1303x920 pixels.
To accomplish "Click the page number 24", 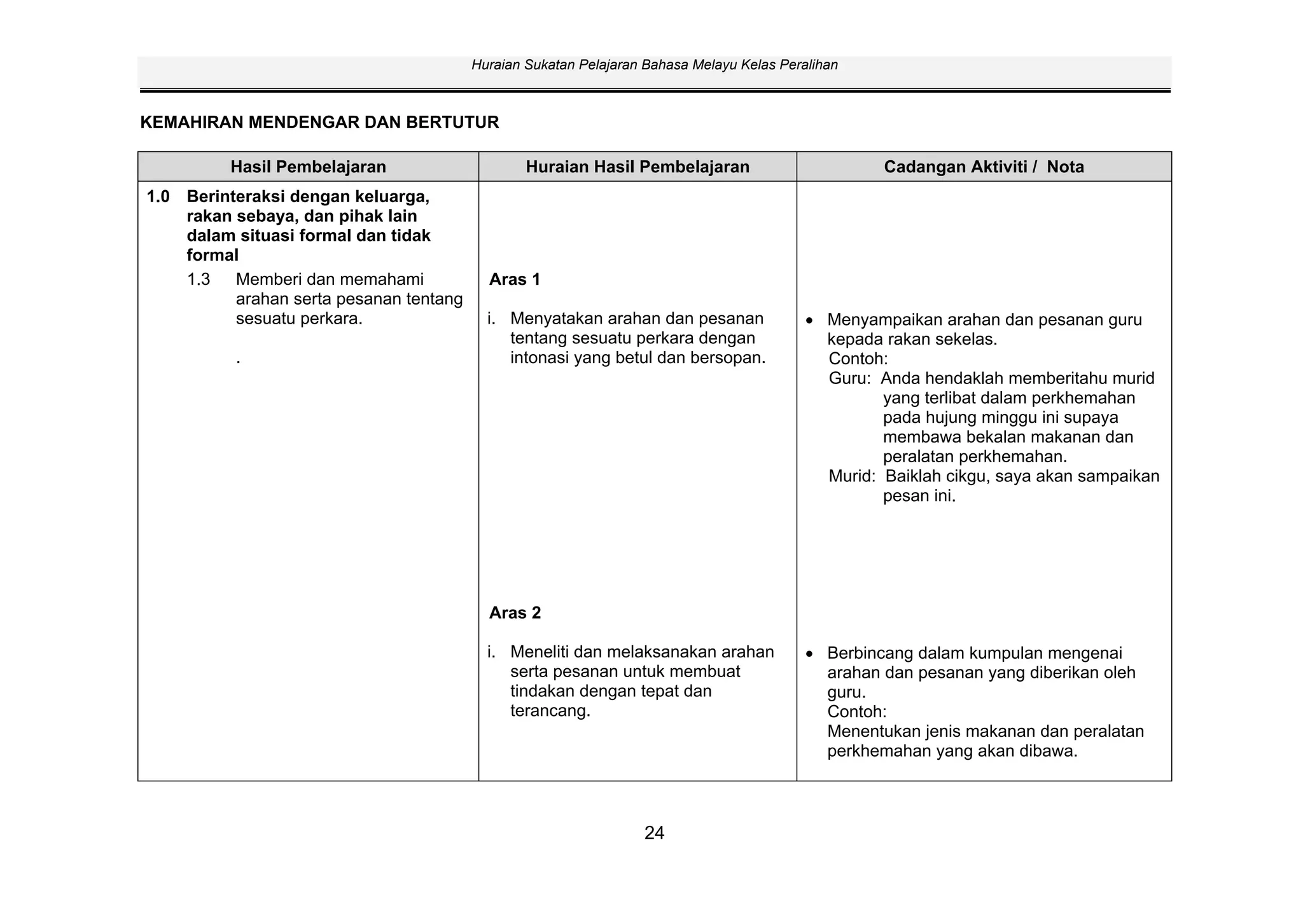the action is (654, 833).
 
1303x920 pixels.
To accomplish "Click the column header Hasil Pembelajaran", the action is (308, 167).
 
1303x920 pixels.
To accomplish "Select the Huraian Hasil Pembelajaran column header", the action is (638, 167).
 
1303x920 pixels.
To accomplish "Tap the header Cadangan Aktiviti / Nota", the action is (984, 167).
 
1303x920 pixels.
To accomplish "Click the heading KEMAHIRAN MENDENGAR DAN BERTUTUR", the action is (319, 123).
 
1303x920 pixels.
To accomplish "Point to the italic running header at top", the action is (654, 65).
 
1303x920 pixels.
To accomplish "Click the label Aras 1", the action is (515, 280).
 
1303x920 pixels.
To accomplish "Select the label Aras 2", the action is (515, 613).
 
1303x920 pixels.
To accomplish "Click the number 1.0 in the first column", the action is (158, 197).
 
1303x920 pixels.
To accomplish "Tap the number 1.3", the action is (199, 280).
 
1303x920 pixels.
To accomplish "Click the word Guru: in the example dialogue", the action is (849, 379).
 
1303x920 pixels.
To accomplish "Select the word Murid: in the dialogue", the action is (852, 477).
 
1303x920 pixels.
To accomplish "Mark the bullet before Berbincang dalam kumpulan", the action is (809, 654).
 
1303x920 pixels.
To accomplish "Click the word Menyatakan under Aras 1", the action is (555, 319).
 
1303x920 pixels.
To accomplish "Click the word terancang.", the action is (550, 711).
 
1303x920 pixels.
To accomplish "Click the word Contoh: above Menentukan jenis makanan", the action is (856, 711).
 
